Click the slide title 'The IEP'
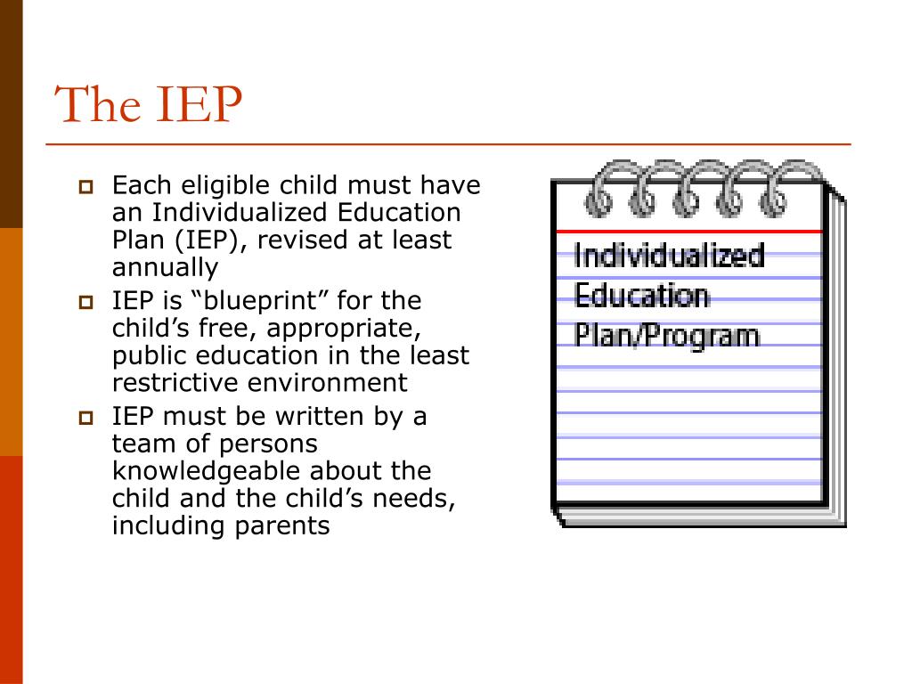pyautogui.click(x=149, y=104)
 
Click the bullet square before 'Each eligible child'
pyautogui.click(x=86, y=187)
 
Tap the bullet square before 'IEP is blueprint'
pyautogui.click(x=86, y=302)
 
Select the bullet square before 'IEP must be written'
pyautogui.click(x=86, y=418)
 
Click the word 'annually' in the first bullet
pyautogui.click(x=165, y=268)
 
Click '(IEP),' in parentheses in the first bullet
pyautogui.click(x=209, y=240)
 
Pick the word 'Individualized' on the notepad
pyautogui.click(x=669, y=256)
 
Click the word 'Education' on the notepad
pyautogui.click(x=642, y=296)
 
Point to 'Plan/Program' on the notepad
pyautogui.click(x=666, y=336)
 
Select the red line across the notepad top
pyautogui.click(x=689, y=232)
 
